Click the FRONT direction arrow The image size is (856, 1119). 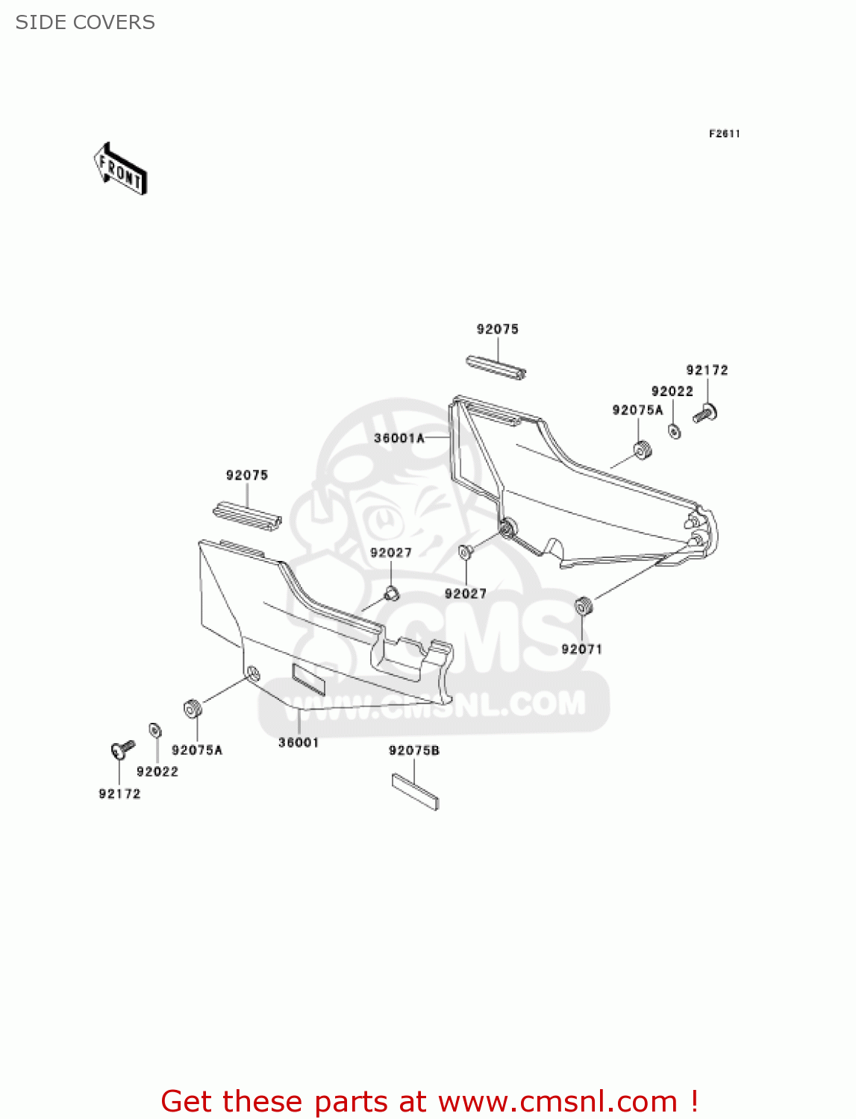pyautogui.click(x=119, y=169)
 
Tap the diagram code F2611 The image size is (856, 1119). pyautogui.click(x=724, y=134)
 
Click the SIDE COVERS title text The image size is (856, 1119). pyautogui.click(x=85, y=22)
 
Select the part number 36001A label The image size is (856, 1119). pyautogui.click(x=399, y=439)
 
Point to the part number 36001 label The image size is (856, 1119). pyautogui.click(x=299, y=743)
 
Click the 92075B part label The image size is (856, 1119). pyautogui.click(x=414, y=750)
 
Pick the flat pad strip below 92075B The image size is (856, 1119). pyautogui.click(x=415, y=792)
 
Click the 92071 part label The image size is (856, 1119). pyautogui.click(x=581, y=649)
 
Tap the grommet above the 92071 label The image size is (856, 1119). pyautogui.click(x=584, y=606)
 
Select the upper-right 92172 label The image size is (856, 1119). pyautogui.click(x=707, y=370)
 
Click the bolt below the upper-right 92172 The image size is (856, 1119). pyautogui.click(x=705, y=413)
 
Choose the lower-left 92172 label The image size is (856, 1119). pyautogui.click(x=119, y=794)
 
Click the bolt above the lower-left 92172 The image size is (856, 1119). pyautogui.click(x=122, y=748)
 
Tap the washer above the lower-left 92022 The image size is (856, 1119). pyautogui.click(x=155, y=730)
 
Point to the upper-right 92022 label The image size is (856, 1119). pyautogui.click(x=672, y=392)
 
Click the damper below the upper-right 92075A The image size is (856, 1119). pyautogui.click(x=643, y=451)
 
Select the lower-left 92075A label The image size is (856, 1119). pyautogui.click(x=197, y=750)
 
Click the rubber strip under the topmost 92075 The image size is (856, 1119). pyautogui.click(x=496, y=368)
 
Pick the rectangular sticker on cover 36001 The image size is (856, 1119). pyautogui.click(x=308, y=679)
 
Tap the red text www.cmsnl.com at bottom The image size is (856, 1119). pyautogui.click(x=557, y=1102)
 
